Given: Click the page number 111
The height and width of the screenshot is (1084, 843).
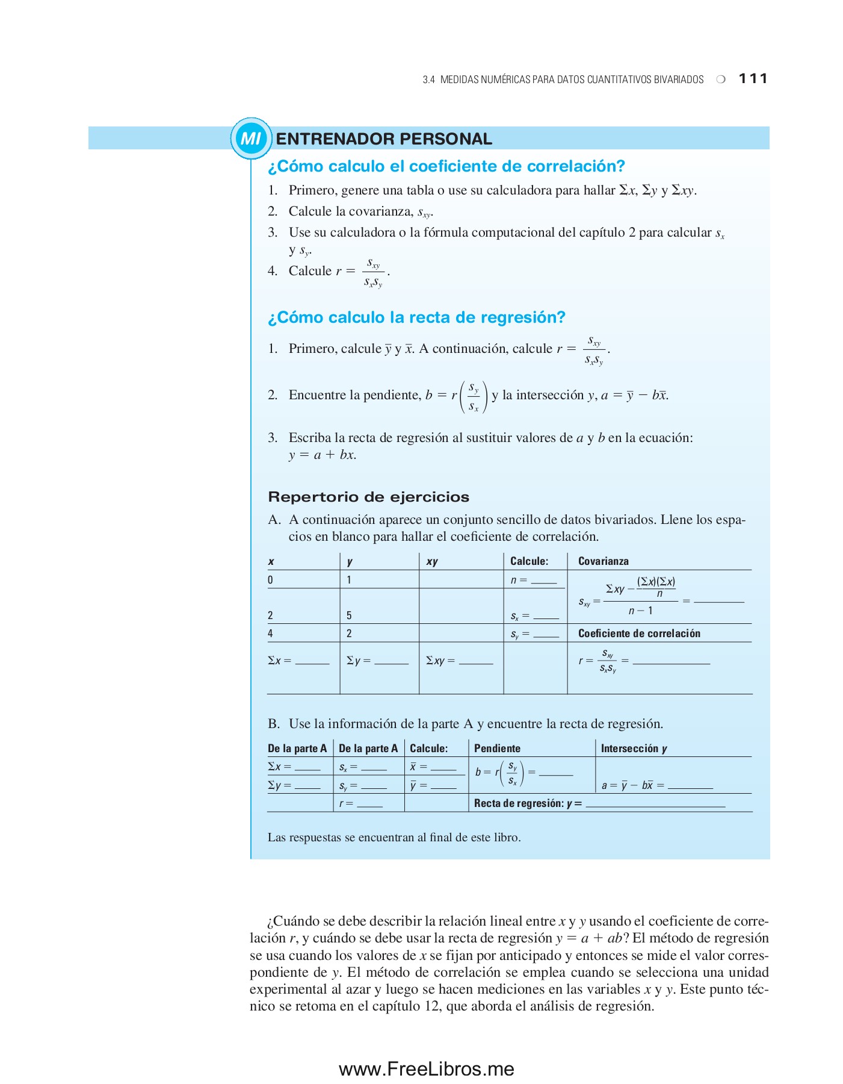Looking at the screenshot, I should [x=753, y=78].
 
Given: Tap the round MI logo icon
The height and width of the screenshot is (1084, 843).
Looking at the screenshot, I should [x=251, y=139].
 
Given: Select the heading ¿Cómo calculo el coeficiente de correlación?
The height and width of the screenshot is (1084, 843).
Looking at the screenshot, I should [x=446, y=166].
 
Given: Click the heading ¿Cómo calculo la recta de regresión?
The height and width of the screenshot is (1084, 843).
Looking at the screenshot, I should [x=416, y=317].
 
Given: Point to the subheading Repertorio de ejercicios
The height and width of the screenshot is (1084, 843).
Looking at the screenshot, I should [x=368, y=497].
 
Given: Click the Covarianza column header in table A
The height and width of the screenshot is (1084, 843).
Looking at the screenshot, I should [x=603, y=561].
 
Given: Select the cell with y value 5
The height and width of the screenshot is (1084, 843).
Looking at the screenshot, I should [x=349, y=615].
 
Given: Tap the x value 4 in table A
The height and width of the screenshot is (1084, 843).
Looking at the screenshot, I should [x=270, y=634].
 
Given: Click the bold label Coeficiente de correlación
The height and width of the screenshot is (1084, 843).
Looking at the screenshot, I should [x=639, y=634].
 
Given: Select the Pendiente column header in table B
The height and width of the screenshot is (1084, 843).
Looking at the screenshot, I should [x=497, y=749].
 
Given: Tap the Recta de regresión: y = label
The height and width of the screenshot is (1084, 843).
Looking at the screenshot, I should [x=528, y=803].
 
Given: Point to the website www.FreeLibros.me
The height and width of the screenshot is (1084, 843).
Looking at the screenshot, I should [x=426, y=1069].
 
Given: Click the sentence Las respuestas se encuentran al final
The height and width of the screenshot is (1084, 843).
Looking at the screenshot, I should [x=394, y=837].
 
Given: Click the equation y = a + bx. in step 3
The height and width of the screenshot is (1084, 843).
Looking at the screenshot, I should [x=323, y=455].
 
